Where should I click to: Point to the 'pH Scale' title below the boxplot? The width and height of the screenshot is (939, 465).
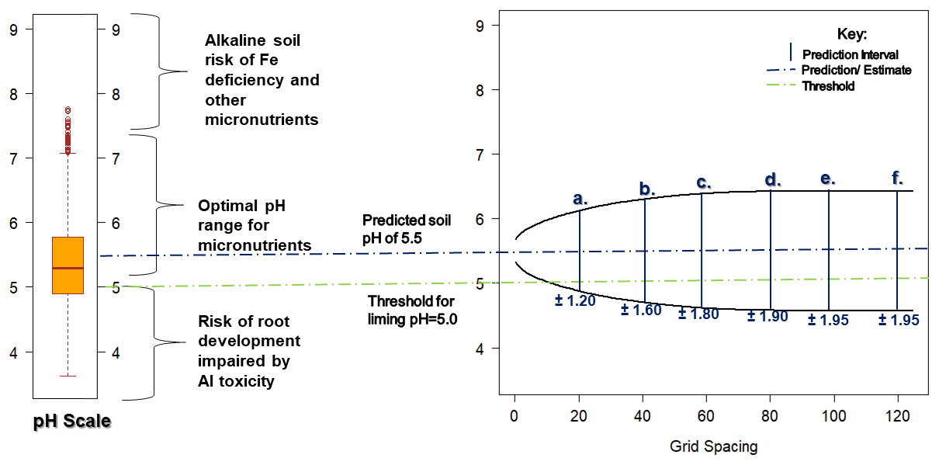point(71,422)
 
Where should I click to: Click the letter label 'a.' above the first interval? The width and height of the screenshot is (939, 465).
point(580,199)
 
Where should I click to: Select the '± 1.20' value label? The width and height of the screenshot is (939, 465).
point(575,301)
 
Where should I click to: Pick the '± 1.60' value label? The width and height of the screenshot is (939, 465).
point(642,311)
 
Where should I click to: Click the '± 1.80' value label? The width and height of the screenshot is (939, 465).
point(698,314)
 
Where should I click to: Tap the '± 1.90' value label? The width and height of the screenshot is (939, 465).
point(767,316)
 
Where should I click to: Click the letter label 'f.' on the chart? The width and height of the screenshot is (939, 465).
point(897,179)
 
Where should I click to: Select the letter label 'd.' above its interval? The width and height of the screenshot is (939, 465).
point(772,181)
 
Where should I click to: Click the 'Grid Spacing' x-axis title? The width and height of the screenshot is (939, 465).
point(713,446)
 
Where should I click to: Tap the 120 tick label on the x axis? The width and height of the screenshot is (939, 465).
point(898,418)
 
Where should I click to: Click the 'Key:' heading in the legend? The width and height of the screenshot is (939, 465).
point(852,34)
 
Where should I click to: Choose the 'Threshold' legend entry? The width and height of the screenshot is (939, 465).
point(828,86)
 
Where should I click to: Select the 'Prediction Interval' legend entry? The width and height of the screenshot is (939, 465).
point(851,54)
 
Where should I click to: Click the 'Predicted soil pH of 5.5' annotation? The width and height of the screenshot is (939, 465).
point(407,230)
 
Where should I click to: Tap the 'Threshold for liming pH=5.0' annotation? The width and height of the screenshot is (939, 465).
point(411,309)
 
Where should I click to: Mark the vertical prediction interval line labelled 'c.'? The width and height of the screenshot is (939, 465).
point(702,248)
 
